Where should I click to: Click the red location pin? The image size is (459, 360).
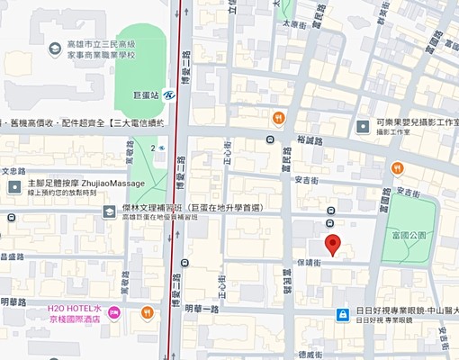pyautogui.click(x=333, y=244)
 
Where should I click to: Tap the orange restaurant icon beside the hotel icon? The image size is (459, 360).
pyautogui.click(x=147, y=312)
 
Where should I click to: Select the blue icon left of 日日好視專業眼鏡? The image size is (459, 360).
pyautogui.click(x=343, y=313)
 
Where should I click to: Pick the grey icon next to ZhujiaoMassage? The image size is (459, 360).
pyautogui.click(x=14, y=186)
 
